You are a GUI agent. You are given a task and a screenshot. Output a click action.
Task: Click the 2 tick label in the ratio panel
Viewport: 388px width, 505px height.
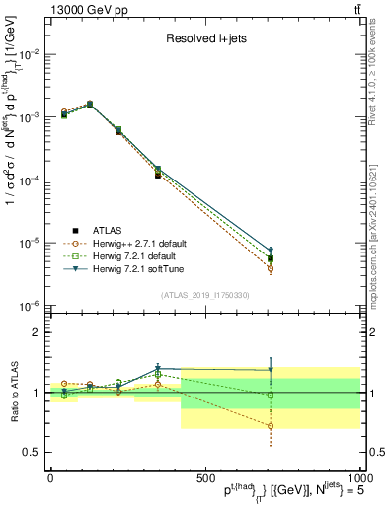pyautogui.click(x=36, y=332)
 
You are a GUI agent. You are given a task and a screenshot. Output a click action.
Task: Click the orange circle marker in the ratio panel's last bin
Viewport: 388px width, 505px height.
pyautogui.click(x=270, y=426)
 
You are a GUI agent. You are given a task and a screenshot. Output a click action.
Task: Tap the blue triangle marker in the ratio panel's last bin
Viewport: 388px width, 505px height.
pyautogui.click(x=270, y=370)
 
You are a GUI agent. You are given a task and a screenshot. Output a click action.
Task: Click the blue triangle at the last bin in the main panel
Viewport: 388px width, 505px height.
pyautogui.click(x=270, y=251)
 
